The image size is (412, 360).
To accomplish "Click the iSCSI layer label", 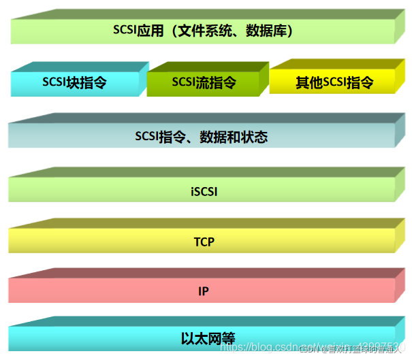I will pos(204,192).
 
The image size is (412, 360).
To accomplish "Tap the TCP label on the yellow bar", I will pos(204,242).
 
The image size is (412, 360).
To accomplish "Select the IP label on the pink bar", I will pos(204,291).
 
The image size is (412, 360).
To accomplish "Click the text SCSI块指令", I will pos(75,83).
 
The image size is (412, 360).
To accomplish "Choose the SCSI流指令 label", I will pos(204,83).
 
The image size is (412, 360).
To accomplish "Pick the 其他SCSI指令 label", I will pos(334,83).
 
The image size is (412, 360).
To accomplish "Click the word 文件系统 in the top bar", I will pos(210,30).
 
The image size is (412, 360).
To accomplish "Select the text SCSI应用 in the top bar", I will pos(134,30).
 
